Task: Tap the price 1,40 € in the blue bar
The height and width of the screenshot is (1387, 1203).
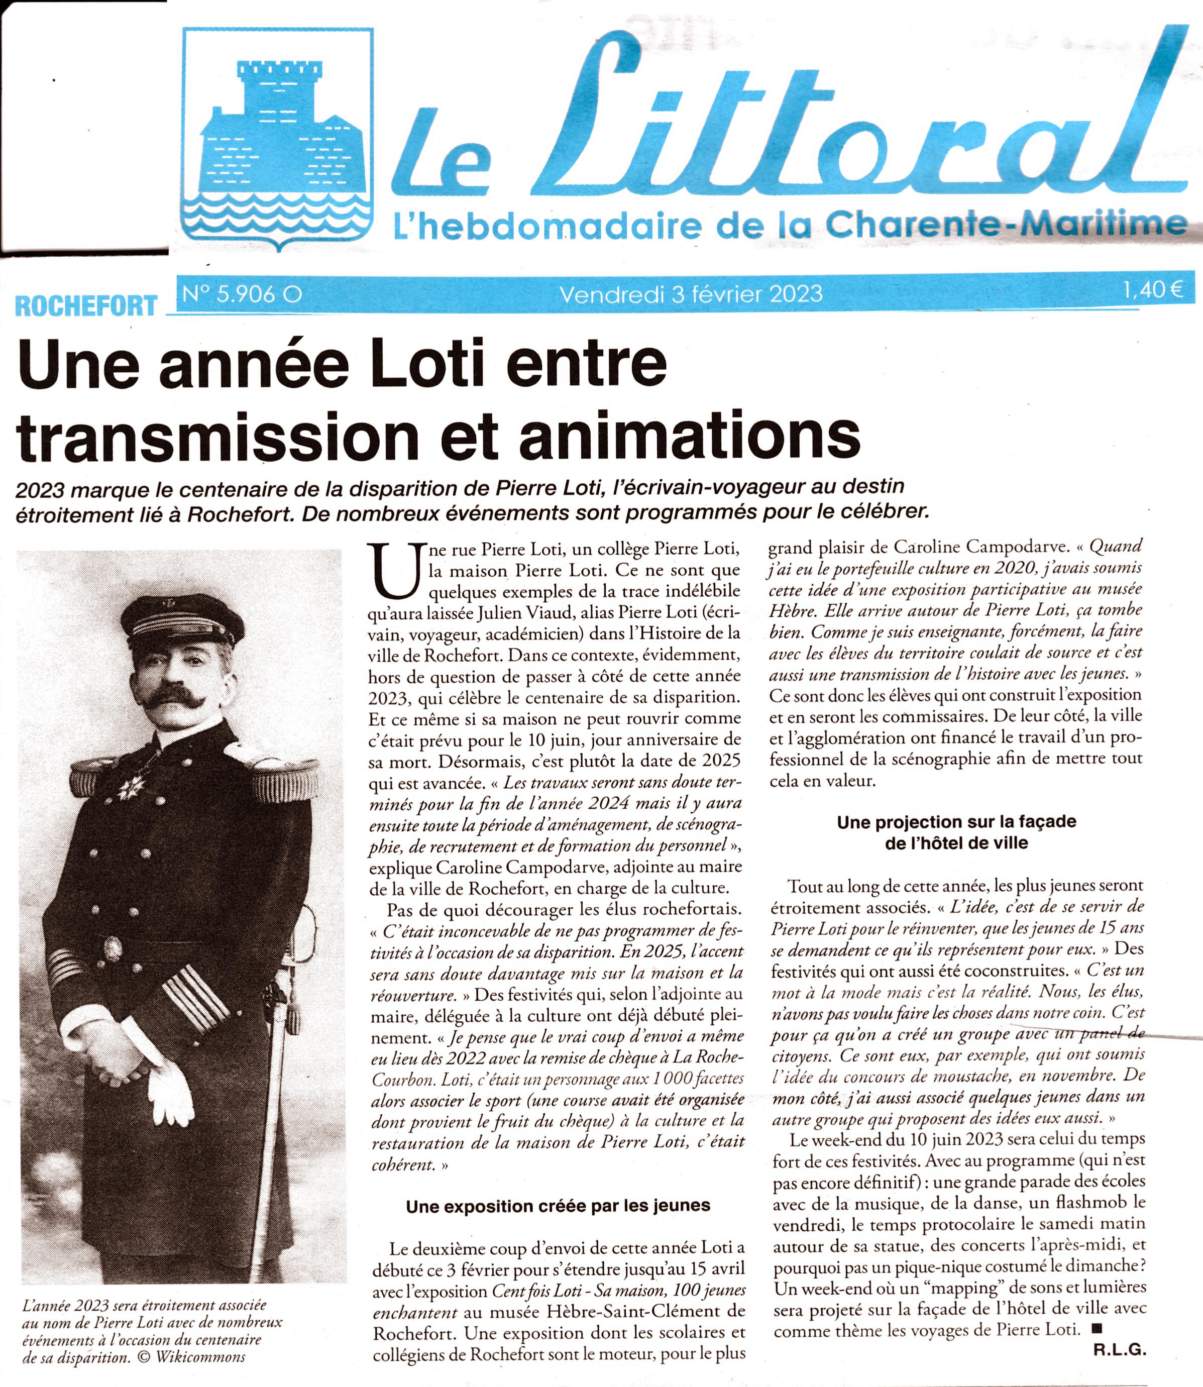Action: (1157, 291)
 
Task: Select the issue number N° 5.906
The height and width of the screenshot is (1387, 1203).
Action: (238, 293)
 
